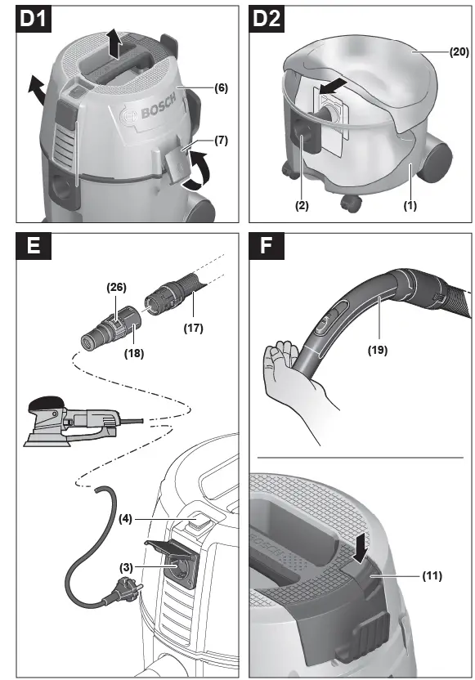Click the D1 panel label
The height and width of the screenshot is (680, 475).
point(34,19)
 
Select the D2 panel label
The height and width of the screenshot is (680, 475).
point(267,19)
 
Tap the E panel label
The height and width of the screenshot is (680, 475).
point(34,246)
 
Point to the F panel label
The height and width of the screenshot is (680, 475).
point(267,246)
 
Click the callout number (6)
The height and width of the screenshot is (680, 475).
point(222,87)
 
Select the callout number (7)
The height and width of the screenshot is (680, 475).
point(222,141)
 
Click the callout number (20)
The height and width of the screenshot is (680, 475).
point(459,52)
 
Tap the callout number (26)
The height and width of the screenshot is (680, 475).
point(116,287)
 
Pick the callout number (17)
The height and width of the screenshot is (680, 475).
point(193,328)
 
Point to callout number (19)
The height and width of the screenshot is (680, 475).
point(378,350)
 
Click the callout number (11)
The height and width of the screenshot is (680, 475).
point(432,576)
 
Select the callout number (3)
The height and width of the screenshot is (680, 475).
point(126,567)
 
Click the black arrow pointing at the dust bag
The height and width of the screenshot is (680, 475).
point(333,86)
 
